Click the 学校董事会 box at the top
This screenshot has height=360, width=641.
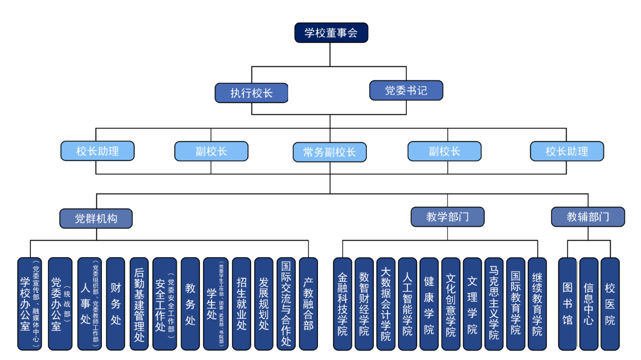pyautogui.click(x=331, y=33)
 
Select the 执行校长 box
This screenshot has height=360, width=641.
pyautogui.click(x=252, y=93)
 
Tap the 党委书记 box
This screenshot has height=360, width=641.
pyautogui.click(x=406, y=91)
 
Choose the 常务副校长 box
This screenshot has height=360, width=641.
pyautogui.click(x=330, y=152)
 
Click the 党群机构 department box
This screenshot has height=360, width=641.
pyautogui.click(x=96, y=218)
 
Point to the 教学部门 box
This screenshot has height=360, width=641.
pyautogui.click(x=447, y=217)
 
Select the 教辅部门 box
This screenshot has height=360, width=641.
pyautogui.click(x=588, y=217)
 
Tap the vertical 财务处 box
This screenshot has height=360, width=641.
pyautogui.click(x=115, y=304)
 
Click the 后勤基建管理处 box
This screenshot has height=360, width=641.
pyautogui.click(x=140, y=304)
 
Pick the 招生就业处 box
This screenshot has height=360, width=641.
pyautogui.click(x=241, y=304)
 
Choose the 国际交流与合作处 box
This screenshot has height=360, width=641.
pyautogui.click(x=286, y=304)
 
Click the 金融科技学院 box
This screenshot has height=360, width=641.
pyautogui.click(x=343, y=304)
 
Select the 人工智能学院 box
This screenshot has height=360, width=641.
pyautogui.click(x=407, y=304)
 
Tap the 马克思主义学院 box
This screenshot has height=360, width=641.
pyautogui.click(x=494, y=304)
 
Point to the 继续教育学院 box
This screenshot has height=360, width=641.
pyautogui.click(x=537, y=304)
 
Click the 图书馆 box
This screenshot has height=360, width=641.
pyautogui.click(x=567, y=304)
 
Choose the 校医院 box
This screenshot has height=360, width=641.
pyautogui.click(x=610, y=304)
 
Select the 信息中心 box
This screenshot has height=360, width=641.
pyautogui.click(x=589, y=304)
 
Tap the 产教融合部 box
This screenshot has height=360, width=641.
pyautogui.click(x=308, y=304)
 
